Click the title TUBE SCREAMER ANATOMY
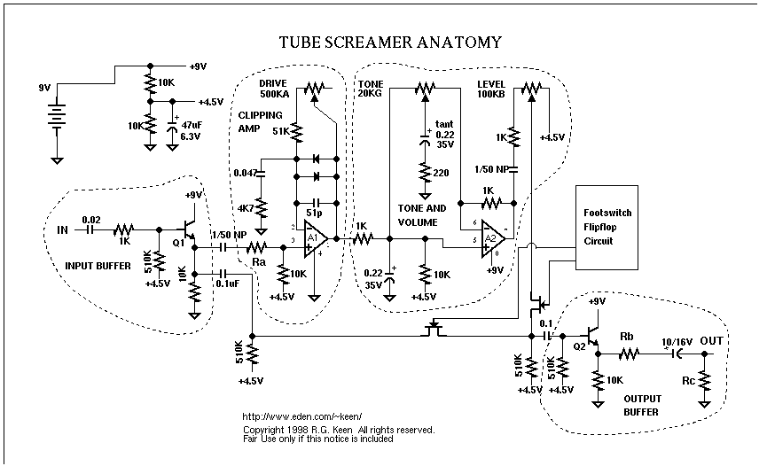click(390, 42)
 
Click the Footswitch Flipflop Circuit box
click(607, 227)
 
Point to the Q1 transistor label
click(177, 240)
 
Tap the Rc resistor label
click(688, 382)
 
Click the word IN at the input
click(63, 229)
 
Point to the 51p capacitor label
click(315, 214)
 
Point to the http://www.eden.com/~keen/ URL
click(296, 416)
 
